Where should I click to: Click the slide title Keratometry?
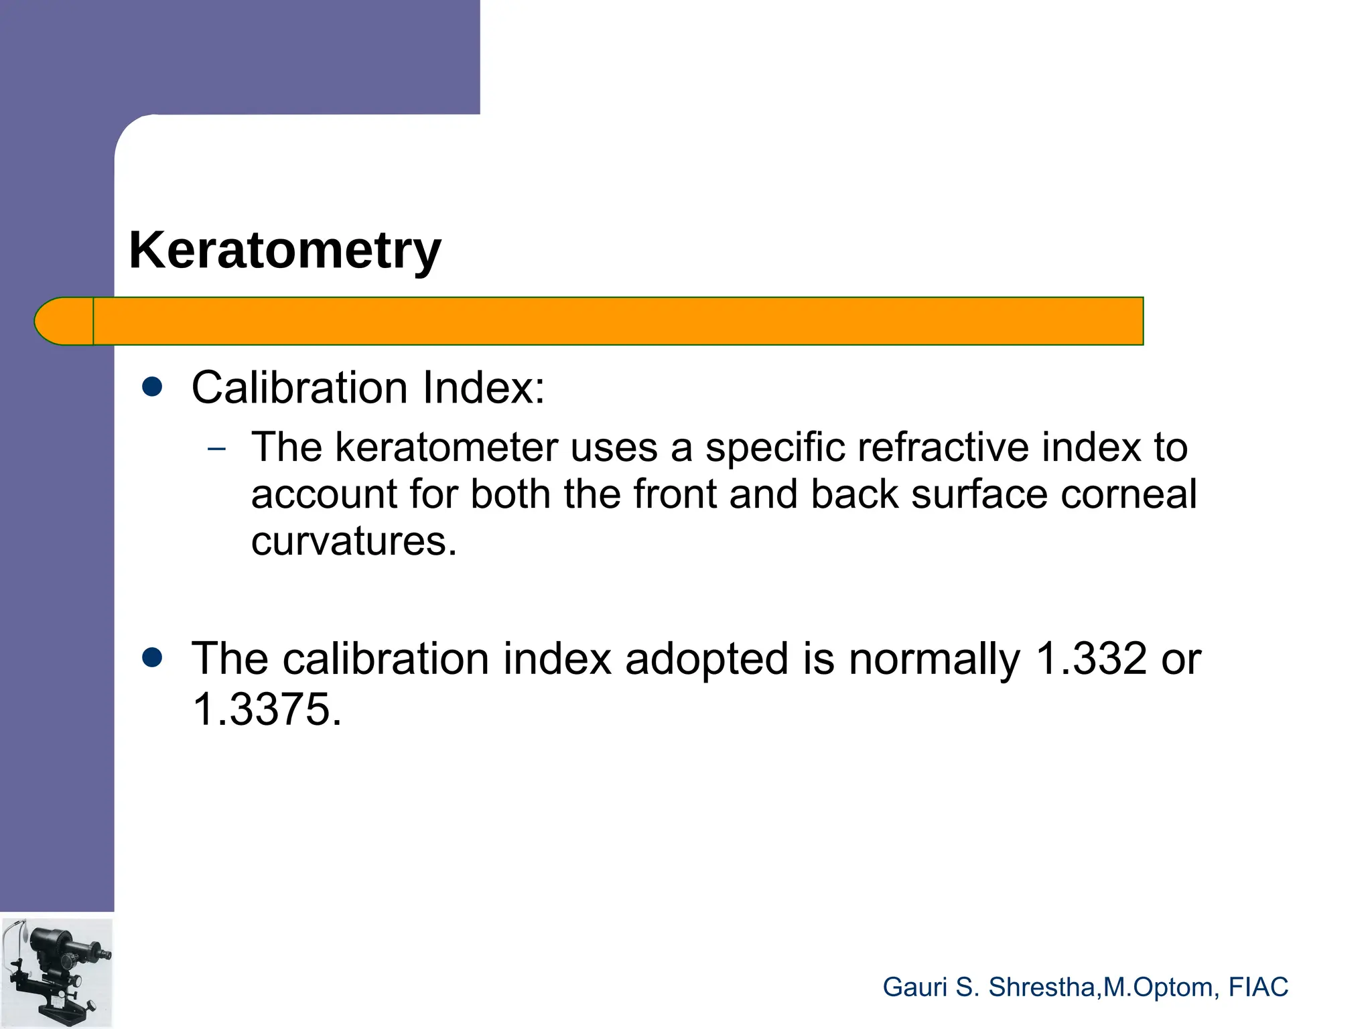285,251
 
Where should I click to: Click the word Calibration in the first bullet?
299,388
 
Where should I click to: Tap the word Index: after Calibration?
484,388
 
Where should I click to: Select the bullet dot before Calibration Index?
153,387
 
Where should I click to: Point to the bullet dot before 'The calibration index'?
153,658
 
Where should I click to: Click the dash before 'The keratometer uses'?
216,450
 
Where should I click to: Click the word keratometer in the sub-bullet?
446,448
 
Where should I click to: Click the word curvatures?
353,541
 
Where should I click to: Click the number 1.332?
1091,659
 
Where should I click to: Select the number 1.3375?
266,709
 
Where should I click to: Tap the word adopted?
707,659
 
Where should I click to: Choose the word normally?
935,659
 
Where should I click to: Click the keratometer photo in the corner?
56,973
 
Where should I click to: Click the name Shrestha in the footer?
1042,987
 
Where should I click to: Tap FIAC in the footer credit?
1258,987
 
